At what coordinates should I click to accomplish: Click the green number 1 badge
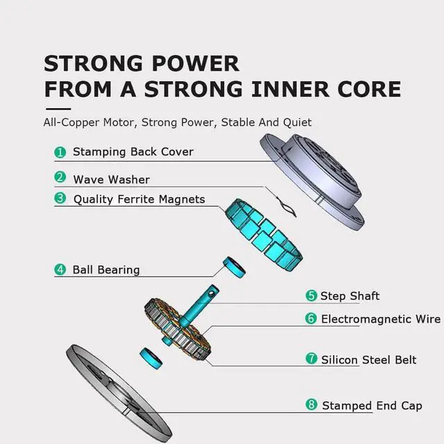60,152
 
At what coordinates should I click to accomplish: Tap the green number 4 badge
60,270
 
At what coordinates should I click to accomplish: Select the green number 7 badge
311,359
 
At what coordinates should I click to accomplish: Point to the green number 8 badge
311,404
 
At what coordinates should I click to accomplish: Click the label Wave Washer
111,180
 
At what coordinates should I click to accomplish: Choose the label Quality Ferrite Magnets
139,199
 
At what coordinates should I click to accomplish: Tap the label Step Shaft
350,296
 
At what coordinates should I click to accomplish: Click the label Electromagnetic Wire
381,319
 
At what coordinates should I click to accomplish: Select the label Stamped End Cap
372,406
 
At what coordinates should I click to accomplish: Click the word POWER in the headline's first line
196,63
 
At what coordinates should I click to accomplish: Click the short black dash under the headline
58,109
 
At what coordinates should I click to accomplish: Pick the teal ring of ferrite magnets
264,235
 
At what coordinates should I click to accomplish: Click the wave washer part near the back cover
286,207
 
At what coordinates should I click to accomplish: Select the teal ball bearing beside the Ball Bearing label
234,267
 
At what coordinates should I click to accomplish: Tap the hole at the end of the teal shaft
212,293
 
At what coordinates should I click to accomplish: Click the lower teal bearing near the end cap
151,358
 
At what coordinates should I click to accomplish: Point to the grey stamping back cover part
312,182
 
